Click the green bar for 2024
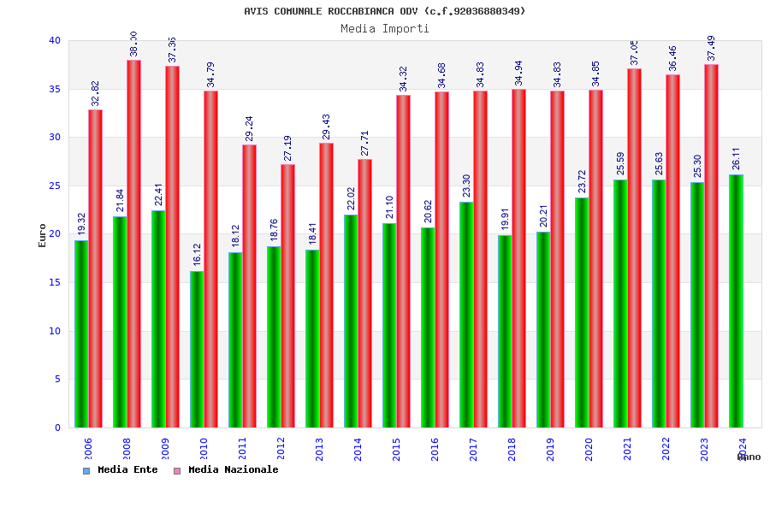[x=736, y=301]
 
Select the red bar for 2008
[x=133, y=244]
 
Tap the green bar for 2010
[x=197, y=349]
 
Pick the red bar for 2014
[x=364, y=293]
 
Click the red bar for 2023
[x=711, y=245]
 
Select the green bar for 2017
[x=466, y=315]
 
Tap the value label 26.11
[x=737, y=158]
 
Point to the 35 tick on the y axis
[x=55, y=89]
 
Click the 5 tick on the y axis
[x=57, y=379]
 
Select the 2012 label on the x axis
[x=281, y=449]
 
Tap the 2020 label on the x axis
[x=589, y=449]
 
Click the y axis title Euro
[x=43, y=235]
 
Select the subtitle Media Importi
[x=385, y=28]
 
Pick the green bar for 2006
[x=81, y=333]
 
